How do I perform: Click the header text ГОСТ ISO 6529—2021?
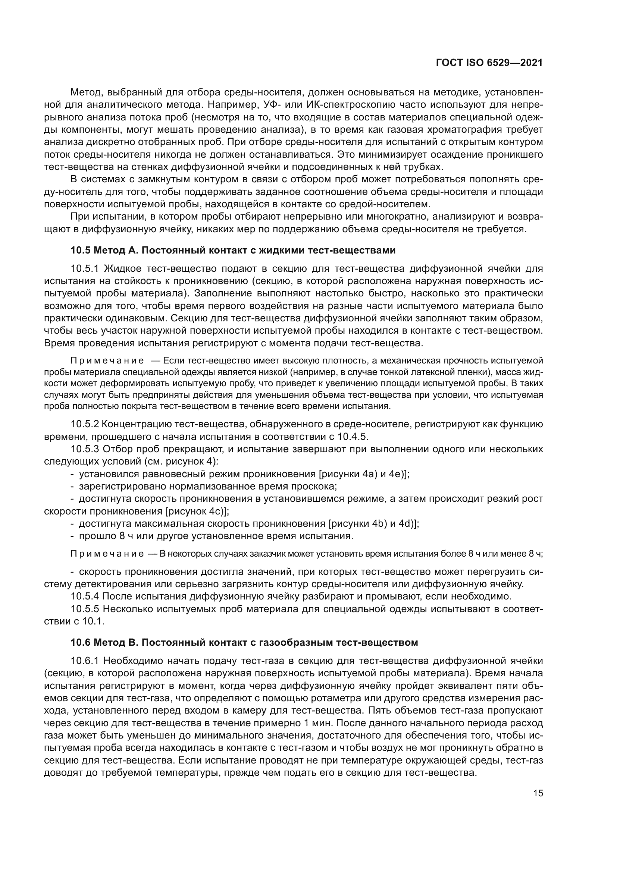point(489,63)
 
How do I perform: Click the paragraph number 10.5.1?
point(85,269)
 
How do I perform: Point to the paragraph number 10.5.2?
point(85,424)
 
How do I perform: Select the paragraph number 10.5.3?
point(85,449)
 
